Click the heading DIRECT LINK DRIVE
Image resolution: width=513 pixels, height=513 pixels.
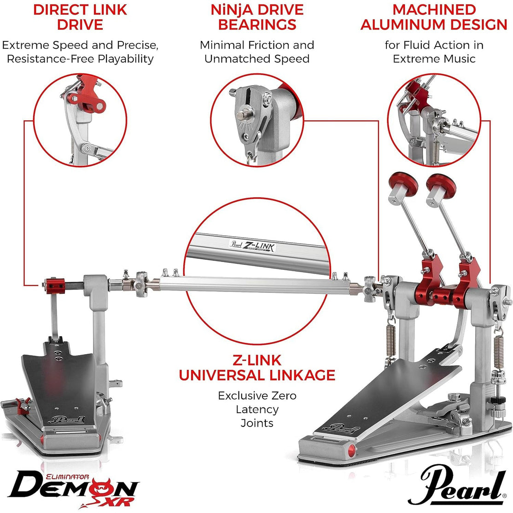point(80,17)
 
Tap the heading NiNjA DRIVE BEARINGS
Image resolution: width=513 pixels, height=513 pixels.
point(257,17)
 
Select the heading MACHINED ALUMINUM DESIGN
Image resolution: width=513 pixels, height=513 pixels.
point(434,17)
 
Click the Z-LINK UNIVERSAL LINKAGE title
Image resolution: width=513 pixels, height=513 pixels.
point(257,367)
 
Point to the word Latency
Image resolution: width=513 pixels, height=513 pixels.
point(257,409)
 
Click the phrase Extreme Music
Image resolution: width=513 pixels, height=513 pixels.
point(434,59)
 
